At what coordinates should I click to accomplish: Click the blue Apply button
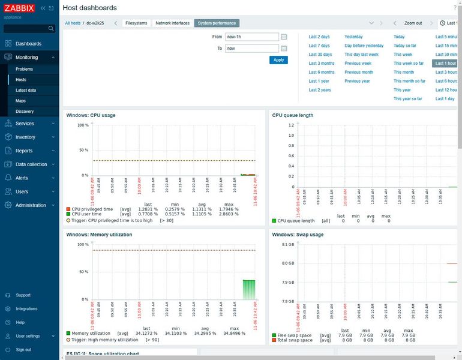tap(278, 60)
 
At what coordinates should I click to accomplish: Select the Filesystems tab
tap(136, 23)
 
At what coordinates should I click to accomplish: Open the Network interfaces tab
tap(172, 23)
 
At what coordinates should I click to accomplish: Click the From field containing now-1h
tap(251, 37)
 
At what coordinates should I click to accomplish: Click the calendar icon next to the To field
tap(284, 48)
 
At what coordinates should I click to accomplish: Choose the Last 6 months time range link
tap(322, 72)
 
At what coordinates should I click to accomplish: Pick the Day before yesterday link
tap(364, 46)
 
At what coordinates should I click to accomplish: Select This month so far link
tap(409, 81)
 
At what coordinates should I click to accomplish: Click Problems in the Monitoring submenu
tap(25, 69)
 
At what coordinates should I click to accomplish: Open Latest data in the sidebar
tap(26, 90)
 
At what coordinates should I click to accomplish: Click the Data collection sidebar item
tap(31, 164)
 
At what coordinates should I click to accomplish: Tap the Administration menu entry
tap(31, 205)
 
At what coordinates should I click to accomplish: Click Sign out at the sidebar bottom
tap(23, 350)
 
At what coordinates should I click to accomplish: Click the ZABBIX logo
tap(19, 8)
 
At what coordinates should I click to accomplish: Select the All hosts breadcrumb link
tap(73, 23)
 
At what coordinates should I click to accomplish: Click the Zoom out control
tap(413, 23)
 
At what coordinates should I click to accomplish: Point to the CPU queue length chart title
tap(293, 115)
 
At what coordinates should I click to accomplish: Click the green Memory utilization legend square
tap(68, 333)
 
